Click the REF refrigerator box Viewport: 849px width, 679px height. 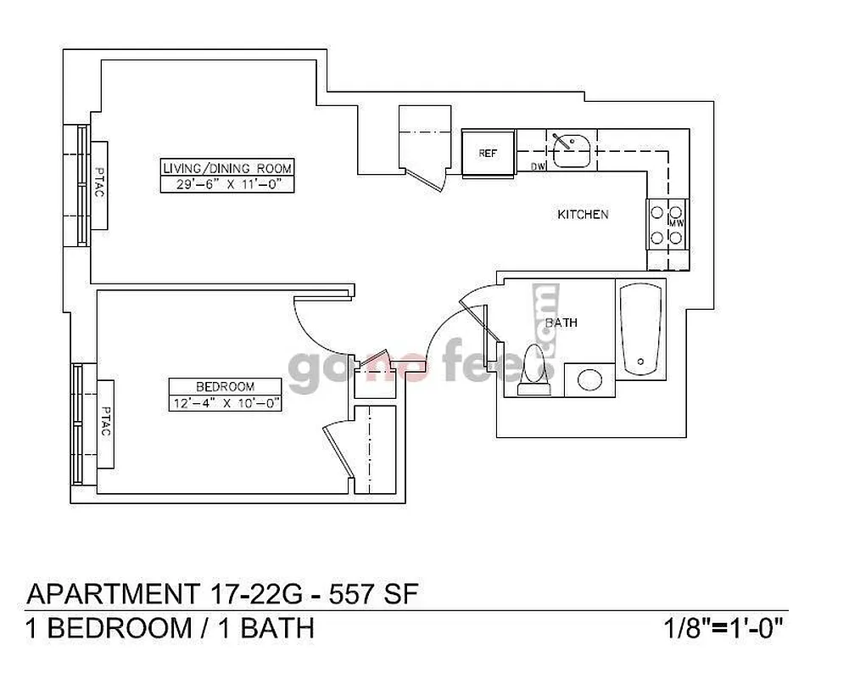488,153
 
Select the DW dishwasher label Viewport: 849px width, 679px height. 537,166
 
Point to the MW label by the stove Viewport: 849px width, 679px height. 676,223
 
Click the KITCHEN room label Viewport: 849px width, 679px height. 582,215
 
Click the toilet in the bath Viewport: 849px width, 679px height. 534,370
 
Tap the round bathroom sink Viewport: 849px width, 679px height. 589,379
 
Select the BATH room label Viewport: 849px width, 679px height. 561,323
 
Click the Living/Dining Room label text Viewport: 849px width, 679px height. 226,167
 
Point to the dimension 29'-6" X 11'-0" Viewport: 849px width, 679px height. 226,183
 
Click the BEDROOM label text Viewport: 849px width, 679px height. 224,385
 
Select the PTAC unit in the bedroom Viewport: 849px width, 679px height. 106,422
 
